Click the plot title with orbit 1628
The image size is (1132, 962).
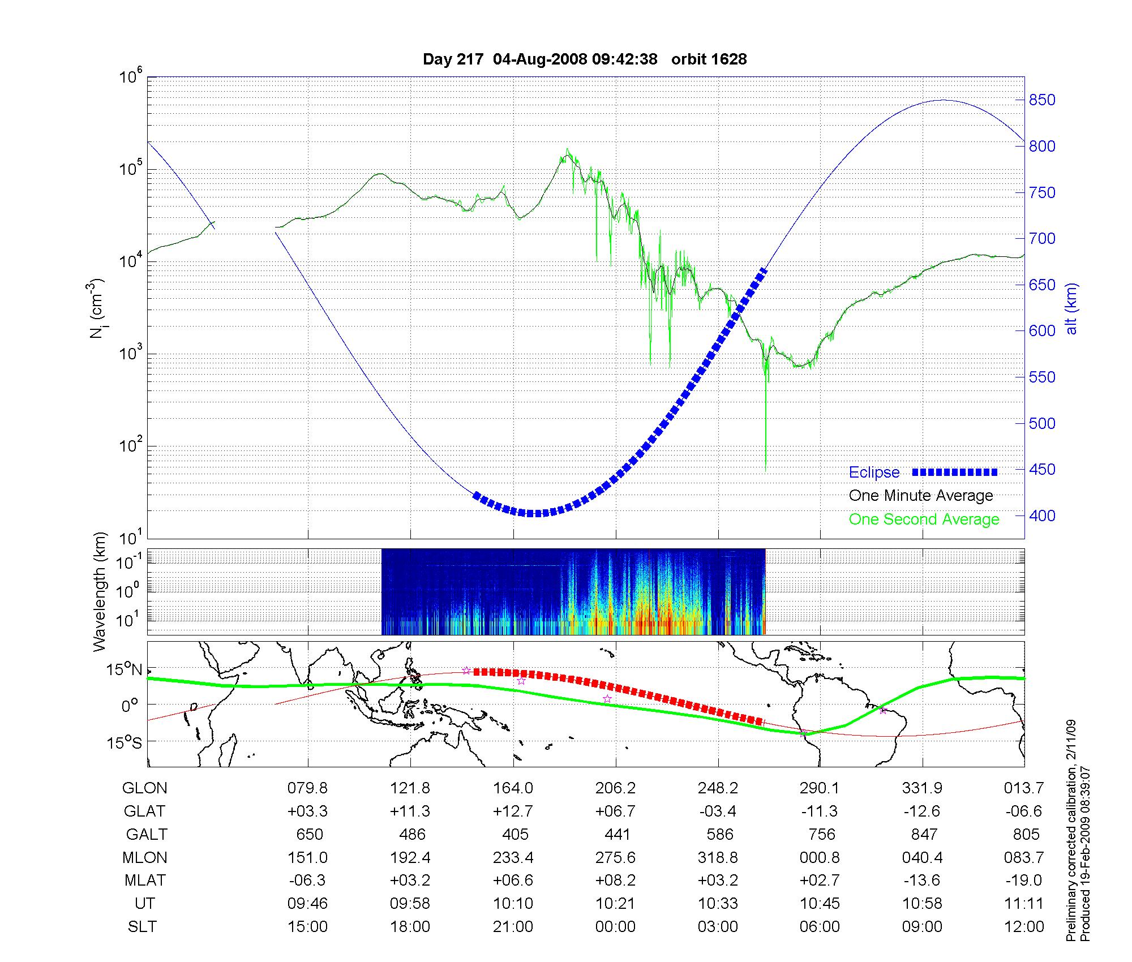click(585, 59)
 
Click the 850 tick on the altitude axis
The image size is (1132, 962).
click(1041, 100)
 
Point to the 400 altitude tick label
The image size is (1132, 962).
click(1041, 516)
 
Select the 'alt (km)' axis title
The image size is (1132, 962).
click(1071, 308)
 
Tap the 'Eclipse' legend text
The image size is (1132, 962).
click(874, 473)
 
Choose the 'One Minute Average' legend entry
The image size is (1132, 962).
click(921, 496)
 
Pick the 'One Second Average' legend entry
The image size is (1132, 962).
click(924, 519)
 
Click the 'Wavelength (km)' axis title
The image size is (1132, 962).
click(100, 591)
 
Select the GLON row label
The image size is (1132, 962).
click(144, 788)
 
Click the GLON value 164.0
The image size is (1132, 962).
click(513, 788)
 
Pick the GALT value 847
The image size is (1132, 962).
click(923, 834)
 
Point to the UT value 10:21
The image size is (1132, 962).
click(615, 904)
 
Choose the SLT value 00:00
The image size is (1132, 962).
click(615, 927)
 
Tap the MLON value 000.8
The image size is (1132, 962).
click(820, 857)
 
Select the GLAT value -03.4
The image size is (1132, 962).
click(718, 811)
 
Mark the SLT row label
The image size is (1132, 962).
click(142, 927)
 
